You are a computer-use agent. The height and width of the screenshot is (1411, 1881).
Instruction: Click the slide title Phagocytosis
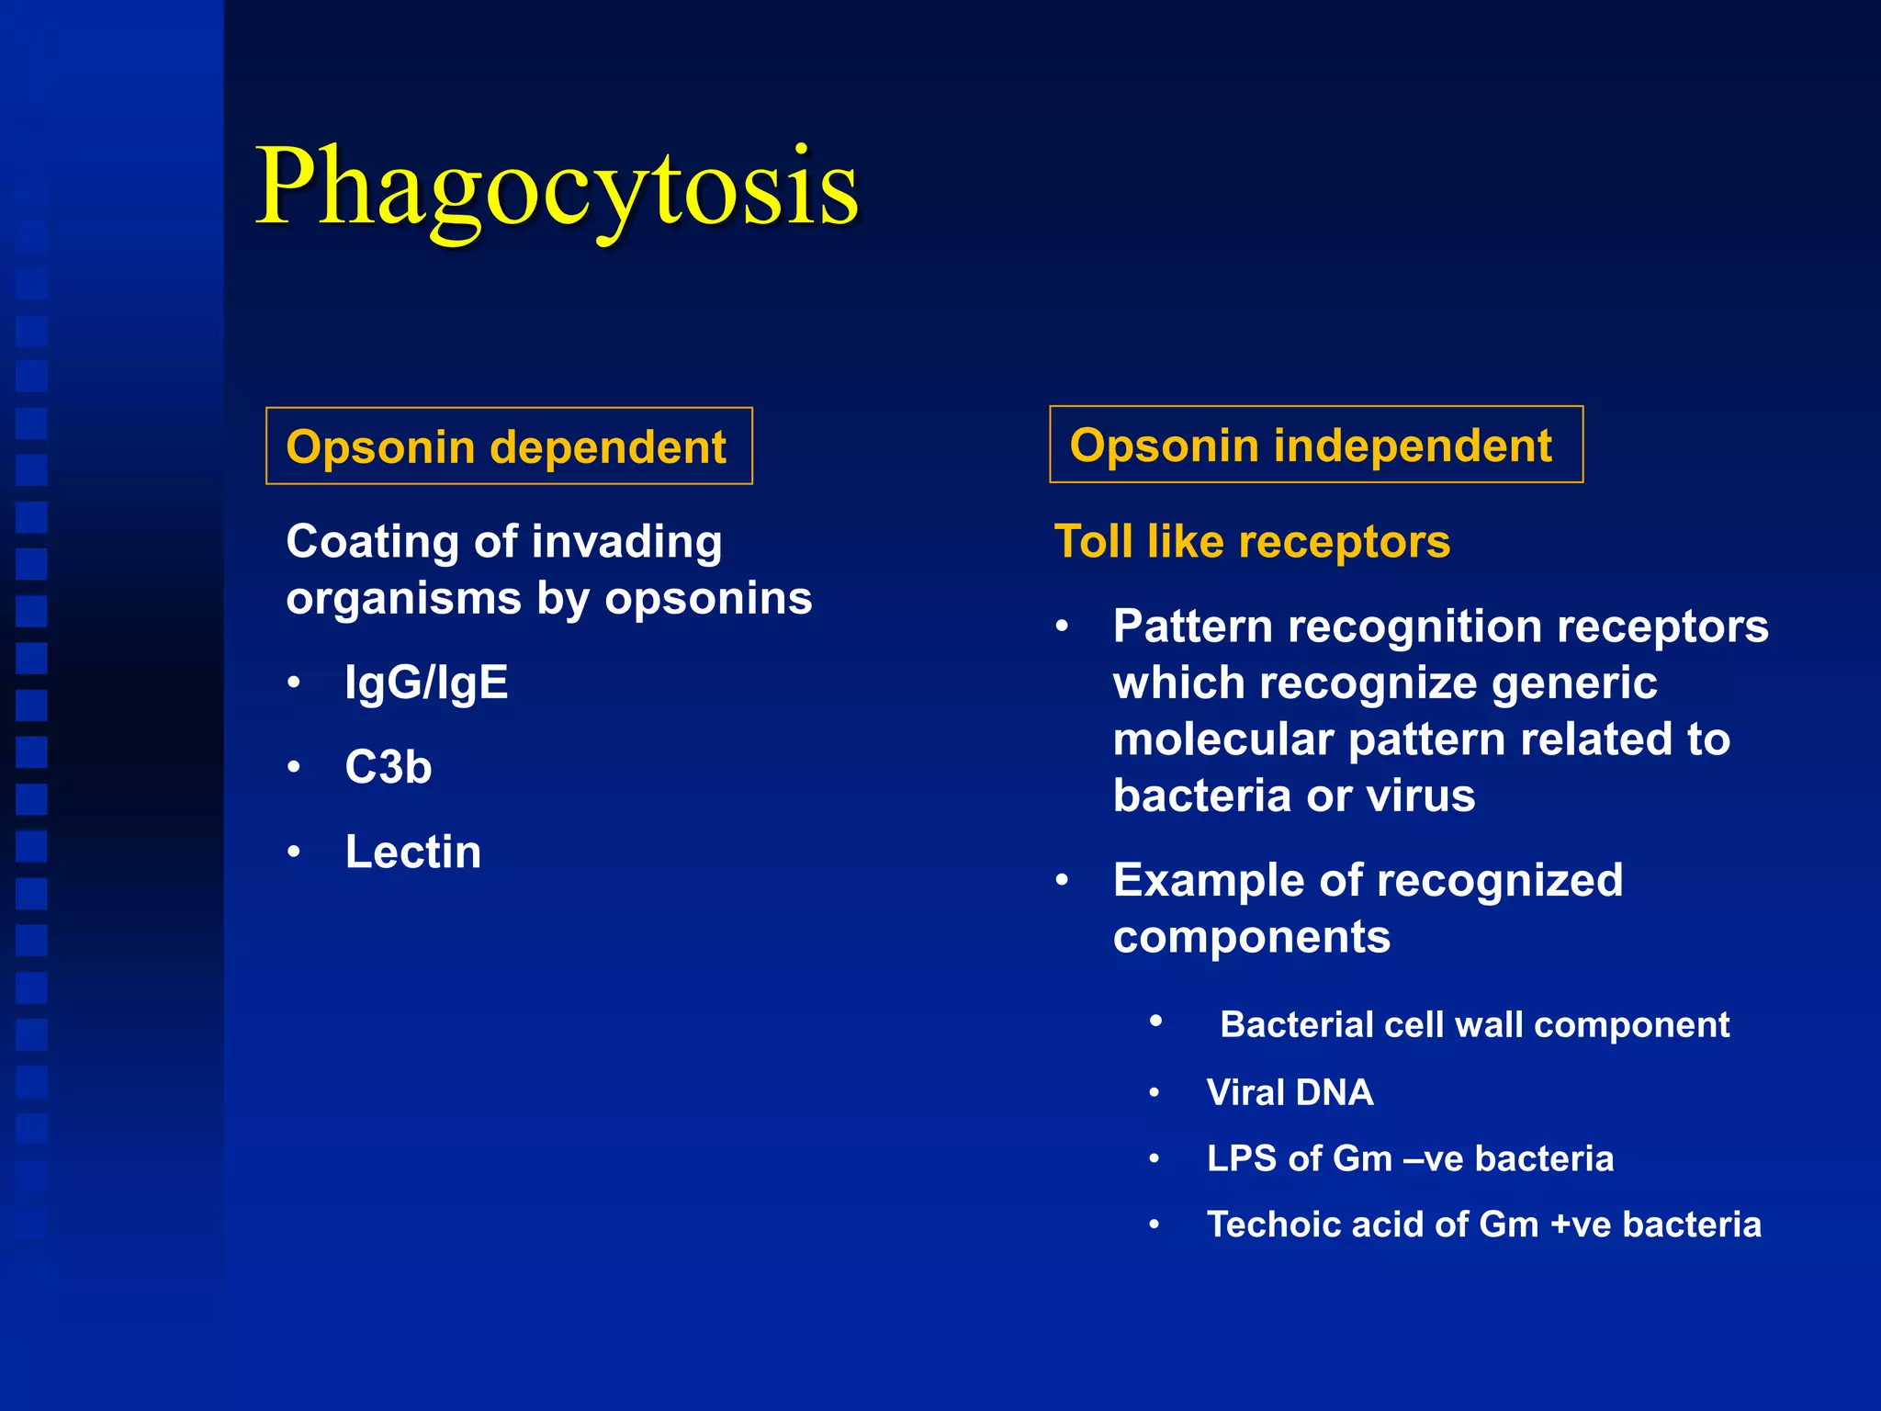(x=557, y=187)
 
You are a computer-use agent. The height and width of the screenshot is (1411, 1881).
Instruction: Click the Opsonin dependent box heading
(x=507, y=447)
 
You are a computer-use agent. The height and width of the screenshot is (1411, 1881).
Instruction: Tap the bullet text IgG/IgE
(x=426, y=683)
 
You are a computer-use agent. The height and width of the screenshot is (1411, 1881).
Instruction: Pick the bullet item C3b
(x=388, y=767)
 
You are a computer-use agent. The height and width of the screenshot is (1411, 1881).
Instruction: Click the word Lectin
(x=412, y=852)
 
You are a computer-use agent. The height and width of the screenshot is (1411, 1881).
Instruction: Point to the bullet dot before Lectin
(x=294, y=852)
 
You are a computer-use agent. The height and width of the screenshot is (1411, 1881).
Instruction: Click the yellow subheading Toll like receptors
(x=1252, y=541)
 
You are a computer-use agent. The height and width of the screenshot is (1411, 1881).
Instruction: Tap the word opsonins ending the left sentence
(x=708, y=598)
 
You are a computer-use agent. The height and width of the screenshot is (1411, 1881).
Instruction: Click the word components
(x=1251, y=937)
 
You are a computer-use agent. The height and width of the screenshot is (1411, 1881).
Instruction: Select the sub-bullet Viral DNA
(x=1290, y=1092)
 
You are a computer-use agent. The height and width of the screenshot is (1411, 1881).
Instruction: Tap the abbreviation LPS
(x=1241, y=1158)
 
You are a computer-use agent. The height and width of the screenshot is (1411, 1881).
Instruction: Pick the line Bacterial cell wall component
(x=1474, y=1024)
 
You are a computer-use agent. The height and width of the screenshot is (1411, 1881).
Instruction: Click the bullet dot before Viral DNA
(x=1155, y=1093)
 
